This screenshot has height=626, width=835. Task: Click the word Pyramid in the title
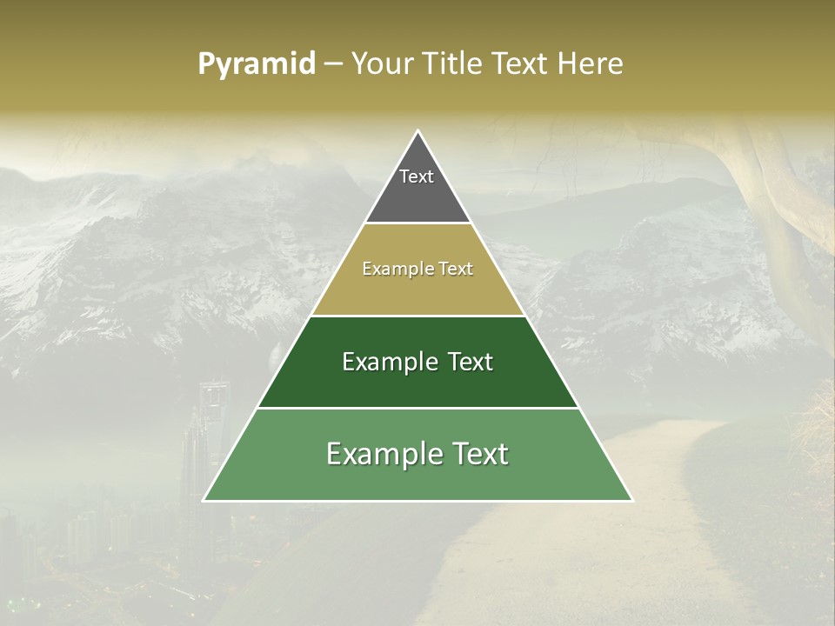point(257,64)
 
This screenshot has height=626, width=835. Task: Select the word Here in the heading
point(591,64)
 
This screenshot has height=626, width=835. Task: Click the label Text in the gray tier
point(417,176)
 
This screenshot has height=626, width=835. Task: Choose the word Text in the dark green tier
point(464,362)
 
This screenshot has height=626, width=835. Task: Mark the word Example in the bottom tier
point(377,454)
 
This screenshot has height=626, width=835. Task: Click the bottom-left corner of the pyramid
point(204,500)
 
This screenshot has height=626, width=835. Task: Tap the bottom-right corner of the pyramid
point(631,500)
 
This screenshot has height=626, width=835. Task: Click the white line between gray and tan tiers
point(417,223)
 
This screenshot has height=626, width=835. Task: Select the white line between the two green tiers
point(417,408)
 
